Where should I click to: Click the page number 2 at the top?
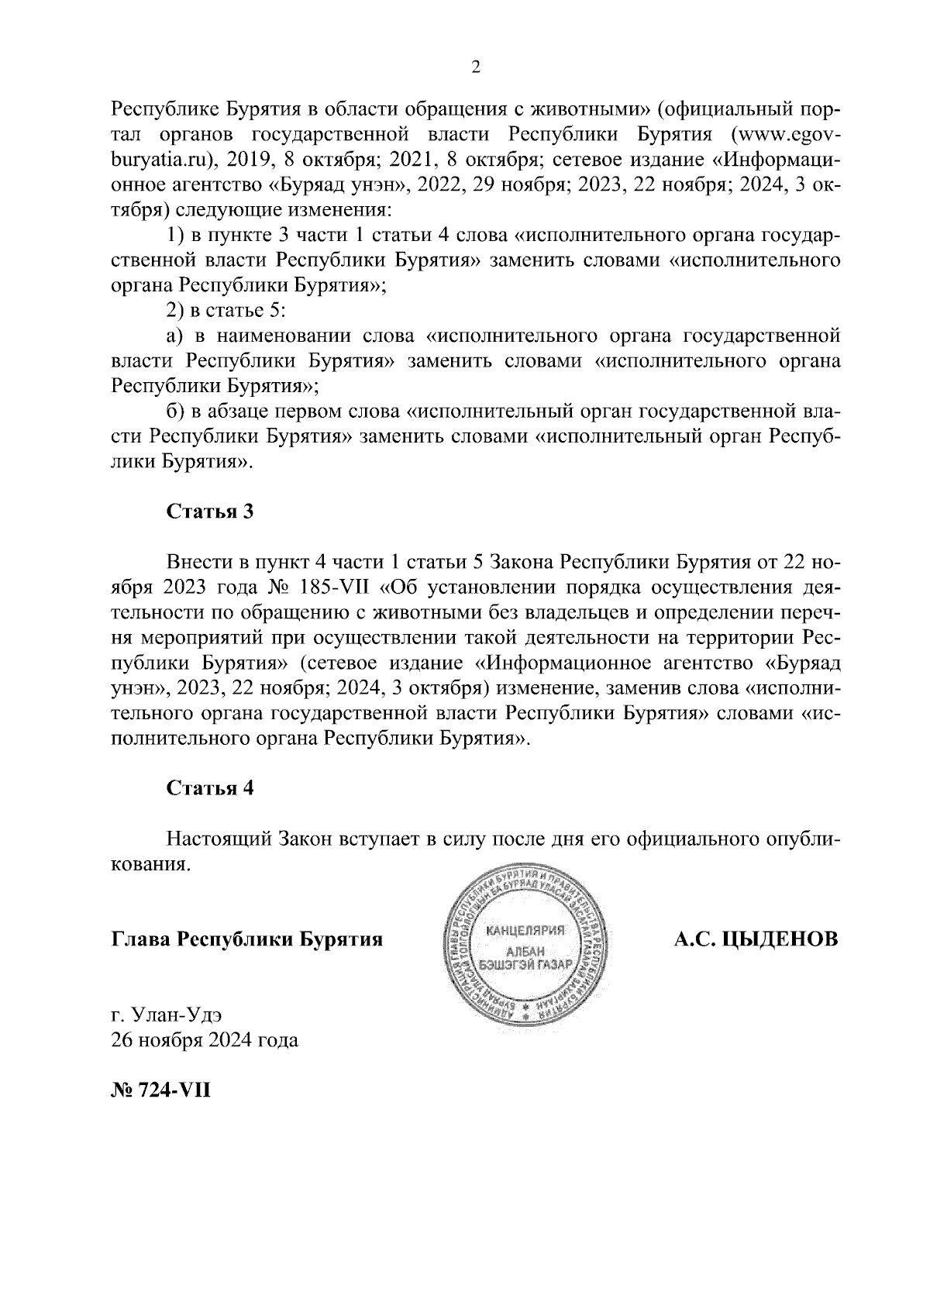476,67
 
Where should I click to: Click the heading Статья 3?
210,512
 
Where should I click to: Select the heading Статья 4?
210,788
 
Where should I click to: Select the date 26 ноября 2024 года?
205,1040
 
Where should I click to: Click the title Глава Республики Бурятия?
247,939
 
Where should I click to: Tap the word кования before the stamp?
150,865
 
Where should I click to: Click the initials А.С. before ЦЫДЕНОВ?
694,939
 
